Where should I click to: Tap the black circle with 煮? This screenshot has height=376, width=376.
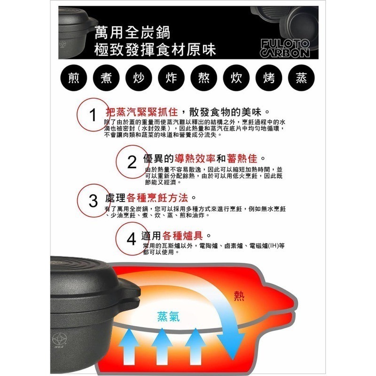(x=106, y=78)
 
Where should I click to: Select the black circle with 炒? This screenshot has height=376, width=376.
(x=139, y=78)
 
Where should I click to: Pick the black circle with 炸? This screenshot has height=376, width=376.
(x=172, y=78)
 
